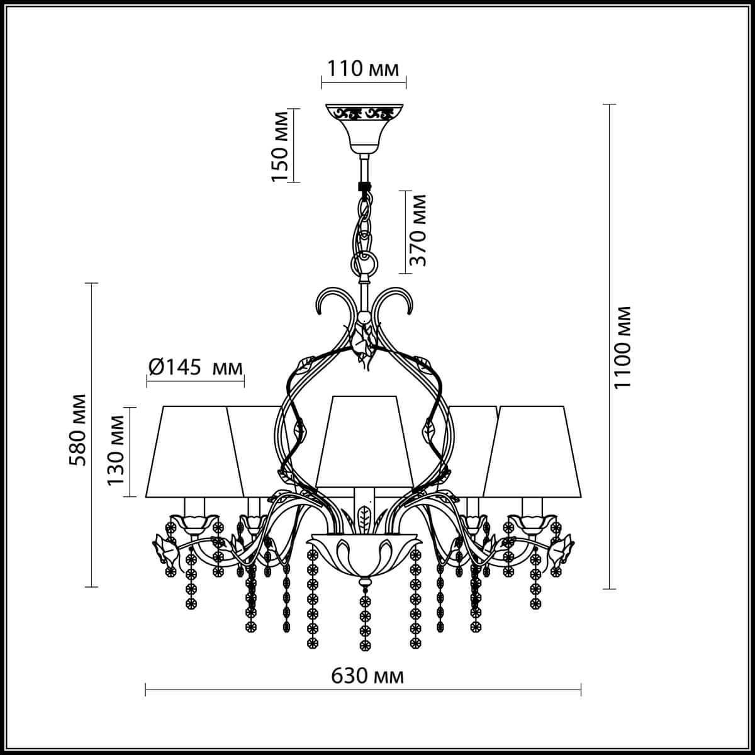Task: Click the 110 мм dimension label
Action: [363, 69]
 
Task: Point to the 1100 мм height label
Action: [622, 347]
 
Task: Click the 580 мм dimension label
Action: [79, 430]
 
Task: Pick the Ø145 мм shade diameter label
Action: [195, 367]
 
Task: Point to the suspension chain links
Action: [363, 223]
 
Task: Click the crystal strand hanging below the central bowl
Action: [363, 620]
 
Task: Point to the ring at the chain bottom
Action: [363, 260]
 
